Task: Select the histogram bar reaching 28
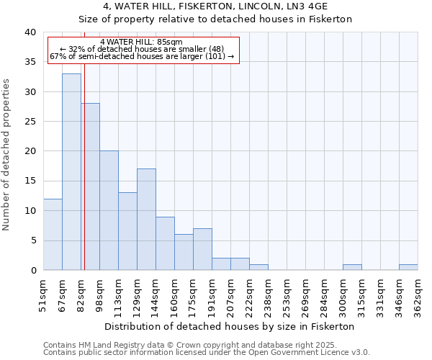click(x=90, y=186)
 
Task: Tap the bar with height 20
click(x=109, y=210)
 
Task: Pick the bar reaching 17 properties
click(x=146, y=220)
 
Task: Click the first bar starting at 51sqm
click(x=53, y=234)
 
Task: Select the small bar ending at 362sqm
click(x=408, y=267)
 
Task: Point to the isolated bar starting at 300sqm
click(x=352, y=267)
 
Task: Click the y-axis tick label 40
click(x=30, y=32)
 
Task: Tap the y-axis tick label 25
click(x=30, y=122)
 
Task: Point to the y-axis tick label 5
click(x=32, y=240)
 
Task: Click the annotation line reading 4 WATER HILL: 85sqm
click(x=142, y=42)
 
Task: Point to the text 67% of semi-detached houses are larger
click(x=142, y=55)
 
